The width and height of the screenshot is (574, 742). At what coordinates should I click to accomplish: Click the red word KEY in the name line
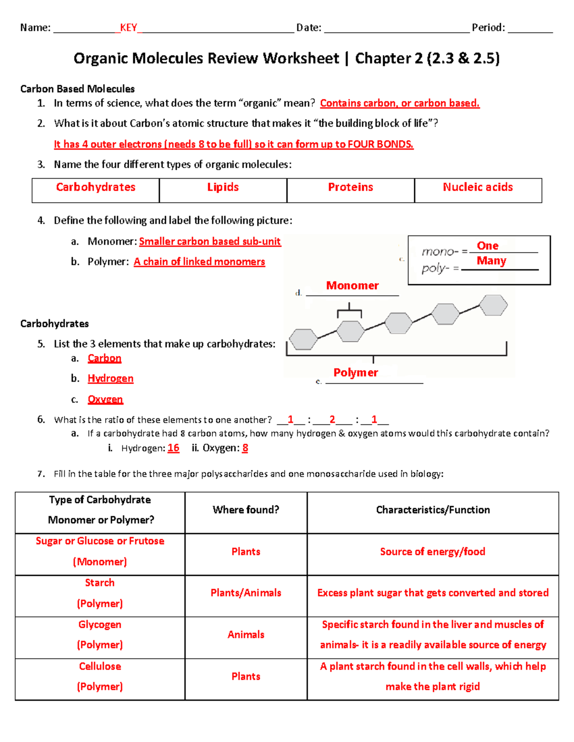point(128,28)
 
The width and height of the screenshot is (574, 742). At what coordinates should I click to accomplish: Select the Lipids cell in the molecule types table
point(223,187)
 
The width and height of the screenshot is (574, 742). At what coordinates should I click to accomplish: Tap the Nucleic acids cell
point(478,187)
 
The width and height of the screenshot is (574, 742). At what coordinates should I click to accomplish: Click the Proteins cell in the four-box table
point(351,187)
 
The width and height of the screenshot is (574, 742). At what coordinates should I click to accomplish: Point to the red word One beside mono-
point(487,246)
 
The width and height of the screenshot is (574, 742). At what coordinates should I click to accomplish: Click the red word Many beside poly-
point(491,261)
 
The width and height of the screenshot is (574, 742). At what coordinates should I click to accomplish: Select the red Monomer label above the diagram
point(352,286)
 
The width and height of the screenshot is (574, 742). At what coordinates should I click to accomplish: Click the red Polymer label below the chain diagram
point(355,373)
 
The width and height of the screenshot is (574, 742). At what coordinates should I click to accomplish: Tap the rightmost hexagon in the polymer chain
point(493,305)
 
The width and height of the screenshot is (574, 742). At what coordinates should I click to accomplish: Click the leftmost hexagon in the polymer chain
point(304,339)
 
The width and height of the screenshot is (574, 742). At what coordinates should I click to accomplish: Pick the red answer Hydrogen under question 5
point(110,378)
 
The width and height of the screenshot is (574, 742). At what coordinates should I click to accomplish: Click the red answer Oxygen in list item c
point(105,399)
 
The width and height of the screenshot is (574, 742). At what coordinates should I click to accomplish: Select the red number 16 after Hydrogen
point(174,448)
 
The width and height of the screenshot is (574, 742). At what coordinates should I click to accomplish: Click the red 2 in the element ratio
point(332,419)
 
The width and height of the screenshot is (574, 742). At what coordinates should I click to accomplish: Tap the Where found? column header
point(246,510)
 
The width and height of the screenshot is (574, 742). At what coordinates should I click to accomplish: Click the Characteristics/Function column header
point(433,510)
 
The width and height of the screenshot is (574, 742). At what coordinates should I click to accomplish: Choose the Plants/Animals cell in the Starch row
point(246,593)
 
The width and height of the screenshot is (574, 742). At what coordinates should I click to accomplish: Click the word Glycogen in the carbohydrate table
point(100,624)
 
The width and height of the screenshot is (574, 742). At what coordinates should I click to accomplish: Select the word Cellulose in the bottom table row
point(100,666)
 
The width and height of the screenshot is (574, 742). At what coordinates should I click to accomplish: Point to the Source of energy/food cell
point(432,551)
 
